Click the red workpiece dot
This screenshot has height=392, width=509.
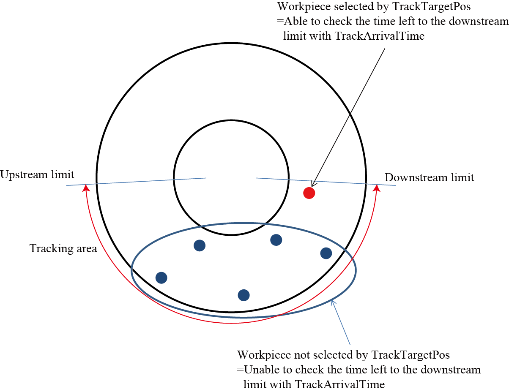tap(309, 193)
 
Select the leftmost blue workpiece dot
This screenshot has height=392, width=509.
tap(161, 278)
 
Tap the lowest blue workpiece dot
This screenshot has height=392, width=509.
tap(244, 295)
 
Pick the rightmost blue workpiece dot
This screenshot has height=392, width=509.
tap(326, 253)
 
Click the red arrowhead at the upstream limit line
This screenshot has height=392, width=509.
tap(86, 188)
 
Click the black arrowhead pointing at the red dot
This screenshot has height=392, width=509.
tap(312, 184)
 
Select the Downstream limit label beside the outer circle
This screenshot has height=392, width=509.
tap(429, 177)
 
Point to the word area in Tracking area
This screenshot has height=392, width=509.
tap(87, 249)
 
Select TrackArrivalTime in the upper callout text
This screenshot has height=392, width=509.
tap(379, 36)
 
